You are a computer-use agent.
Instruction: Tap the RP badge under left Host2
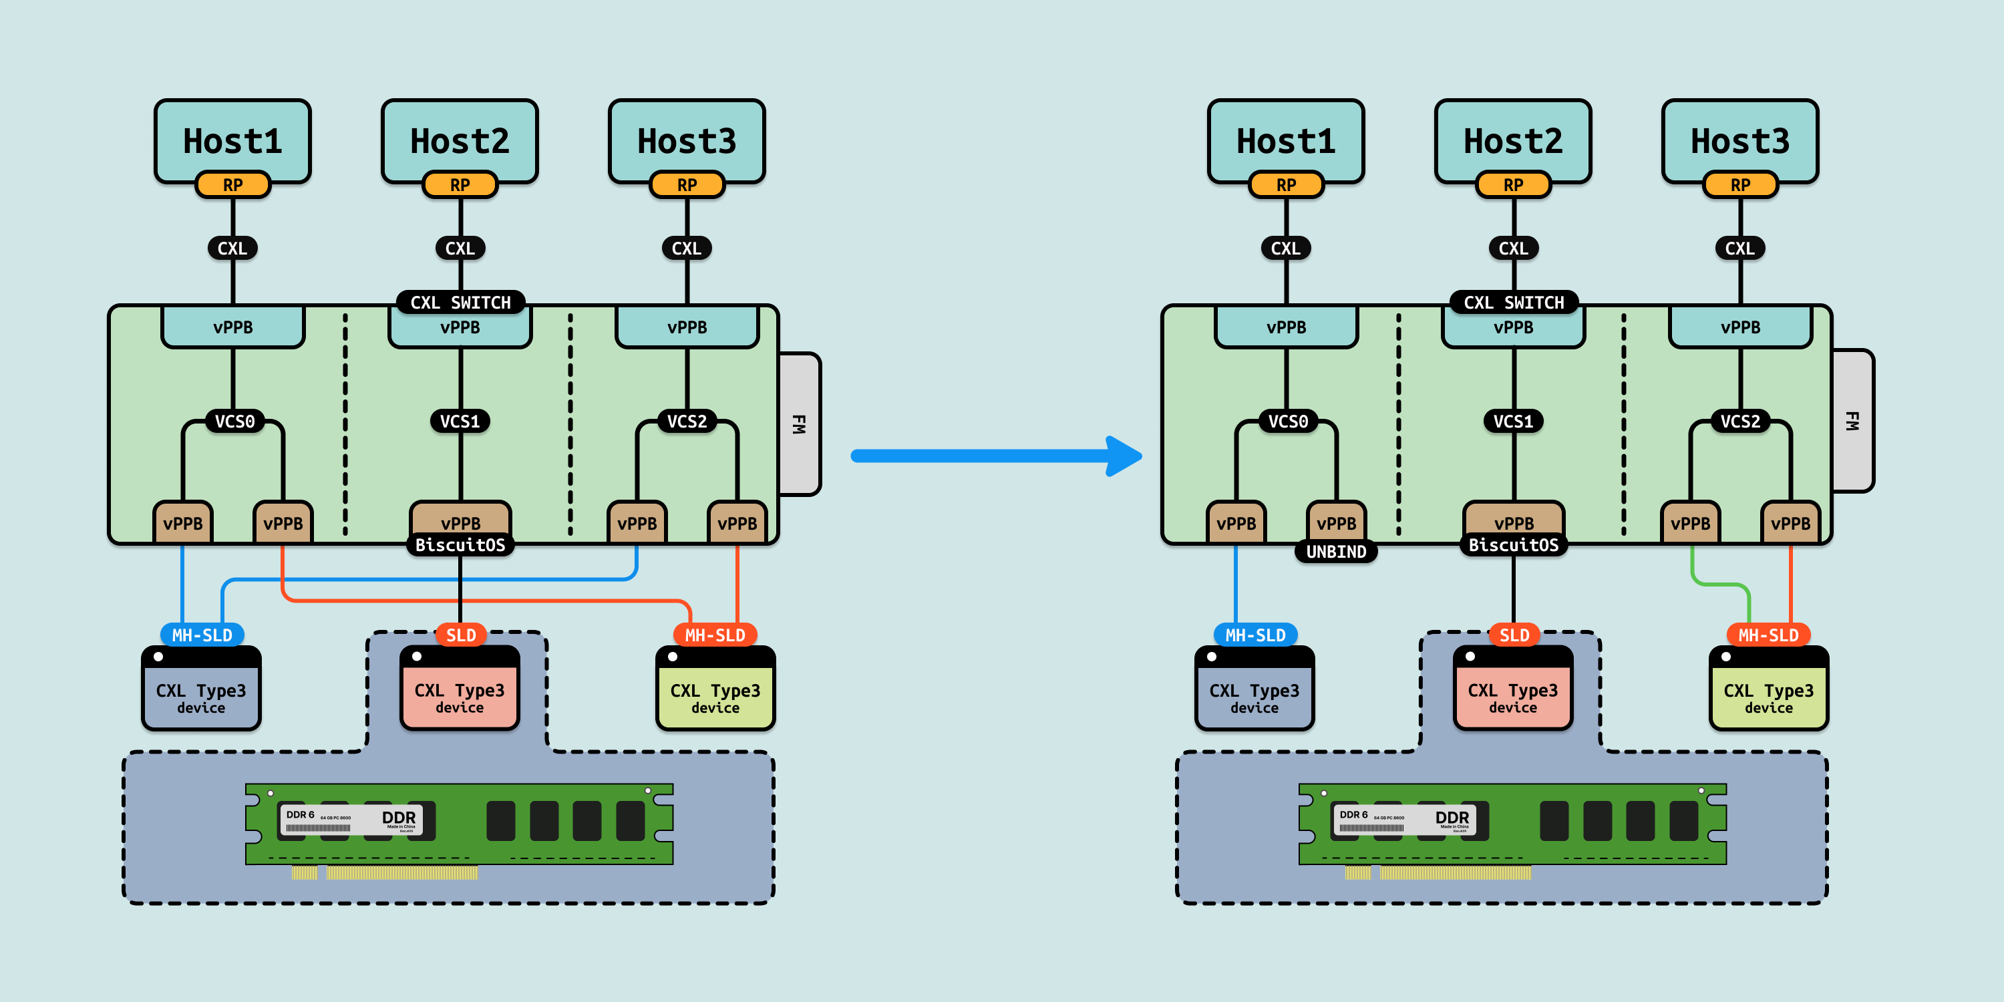[460, 185]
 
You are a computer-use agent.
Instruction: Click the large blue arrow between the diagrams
[996, 456]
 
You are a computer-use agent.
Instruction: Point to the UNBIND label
[1336, 552]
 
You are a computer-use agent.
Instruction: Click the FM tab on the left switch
[799, 424]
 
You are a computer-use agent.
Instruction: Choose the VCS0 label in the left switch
[234, 422]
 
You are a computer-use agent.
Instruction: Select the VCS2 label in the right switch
[1739, 422]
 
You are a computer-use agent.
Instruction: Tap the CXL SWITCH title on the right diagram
[1513, 303]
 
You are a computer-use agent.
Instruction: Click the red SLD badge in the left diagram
[460, 635]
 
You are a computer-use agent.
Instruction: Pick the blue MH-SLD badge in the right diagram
[1255, 635]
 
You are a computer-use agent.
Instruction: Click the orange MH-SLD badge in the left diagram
[715, 635]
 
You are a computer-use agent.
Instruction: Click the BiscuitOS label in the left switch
[460, 544]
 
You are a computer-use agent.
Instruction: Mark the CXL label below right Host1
[1285, 248]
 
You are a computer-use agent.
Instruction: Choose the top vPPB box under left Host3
[687, 327]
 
